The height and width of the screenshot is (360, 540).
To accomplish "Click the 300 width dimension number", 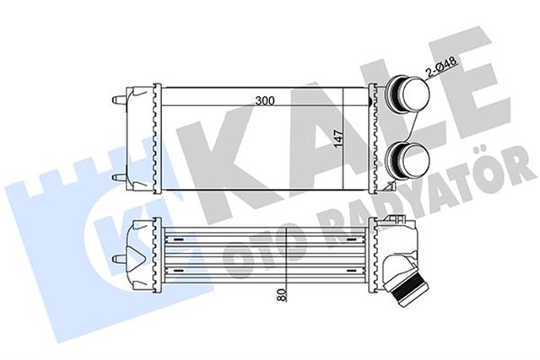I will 266,100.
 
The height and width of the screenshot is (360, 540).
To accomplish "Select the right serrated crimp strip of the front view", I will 370,135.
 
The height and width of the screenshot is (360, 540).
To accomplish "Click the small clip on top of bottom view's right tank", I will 389,220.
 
